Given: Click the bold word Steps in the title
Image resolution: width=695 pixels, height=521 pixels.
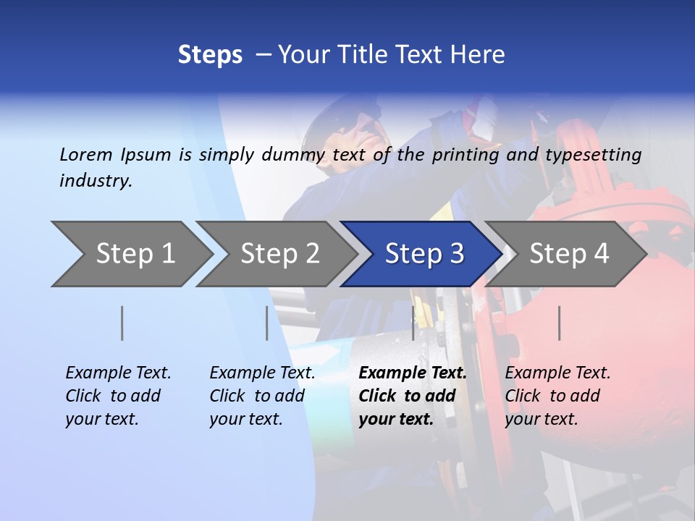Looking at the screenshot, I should click(210, 55).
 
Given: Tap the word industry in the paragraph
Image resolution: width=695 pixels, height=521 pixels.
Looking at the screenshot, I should click(96, 180).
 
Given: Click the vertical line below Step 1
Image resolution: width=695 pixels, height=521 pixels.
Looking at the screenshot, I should click(122, 323).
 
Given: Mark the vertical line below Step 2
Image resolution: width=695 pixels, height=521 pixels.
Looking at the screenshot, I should click(267, 323).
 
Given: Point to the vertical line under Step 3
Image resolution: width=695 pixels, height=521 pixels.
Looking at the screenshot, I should click(413, 323).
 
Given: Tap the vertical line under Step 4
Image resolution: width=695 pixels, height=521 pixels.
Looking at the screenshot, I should click(560, 323).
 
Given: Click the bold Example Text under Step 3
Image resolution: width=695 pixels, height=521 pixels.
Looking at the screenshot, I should click(413, 373).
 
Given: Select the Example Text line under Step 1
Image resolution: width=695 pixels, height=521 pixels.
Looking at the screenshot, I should click(118, 373).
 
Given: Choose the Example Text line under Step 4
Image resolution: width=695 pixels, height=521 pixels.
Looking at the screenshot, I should click(557, 373).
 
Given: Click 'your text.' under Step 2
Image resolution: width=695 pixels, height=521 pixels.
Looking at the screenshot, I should click(245, 419).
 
